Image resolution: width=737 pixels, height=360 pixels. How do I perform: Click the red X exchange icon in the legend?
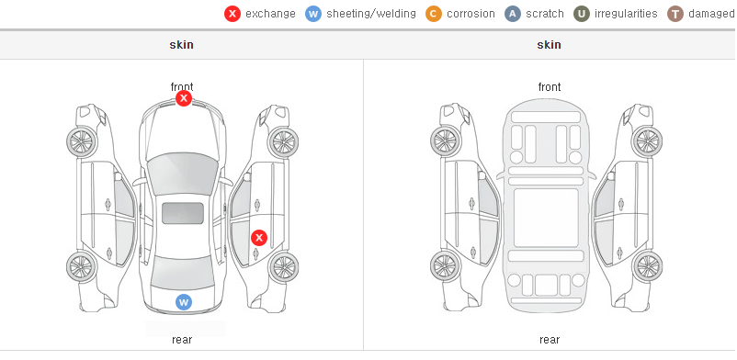232,14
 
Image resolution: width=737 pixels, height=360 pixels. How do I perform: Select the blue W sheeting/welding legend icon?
313,14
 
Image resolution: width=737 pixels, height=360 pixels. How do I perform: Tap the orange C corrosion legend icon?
434,14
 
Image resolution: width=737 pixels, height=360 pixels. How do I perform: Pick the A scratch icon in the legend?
513,14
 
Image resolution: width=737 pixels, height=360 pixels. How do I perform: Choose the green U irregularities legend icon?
582,14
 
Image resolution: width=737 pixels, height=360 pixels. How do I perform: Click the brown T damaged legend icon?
675,14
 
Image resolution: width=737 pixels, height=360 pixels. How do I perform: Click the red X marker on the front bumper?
184,98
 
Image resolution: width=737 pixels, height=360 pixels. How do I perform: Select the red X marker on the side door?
259,238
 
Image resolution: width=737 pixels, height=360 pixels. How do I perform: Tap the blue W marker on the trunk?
184,302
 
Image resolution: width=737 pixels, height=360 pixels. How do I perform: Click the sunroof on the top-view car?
183,213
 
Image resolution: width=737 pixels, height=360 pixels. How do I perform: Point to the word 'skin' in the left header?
181,45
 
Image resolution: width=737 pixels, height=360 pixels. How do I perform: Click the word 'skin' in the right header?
549,45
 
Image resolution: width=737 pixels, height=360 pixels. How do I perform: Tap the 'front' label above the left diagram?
182,86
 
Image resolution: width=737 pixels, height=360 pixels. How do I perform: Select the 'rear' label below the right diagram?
550,339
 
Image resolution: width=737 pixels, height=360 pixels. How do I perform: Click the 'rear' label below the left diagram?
182,339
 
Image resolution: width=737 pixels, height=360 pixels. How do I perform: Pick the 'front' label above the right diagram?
550,86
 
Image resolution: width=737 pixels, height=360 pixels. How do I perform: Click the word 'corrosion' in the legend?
471,14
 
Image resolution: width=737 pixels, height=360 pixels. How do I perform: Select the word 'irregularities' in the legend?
626,14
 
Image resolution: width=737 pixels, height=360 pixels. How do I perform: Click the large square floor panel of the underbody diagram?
546,218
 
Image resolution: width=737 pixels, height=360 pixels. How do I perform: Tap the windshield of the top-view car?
183,174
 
